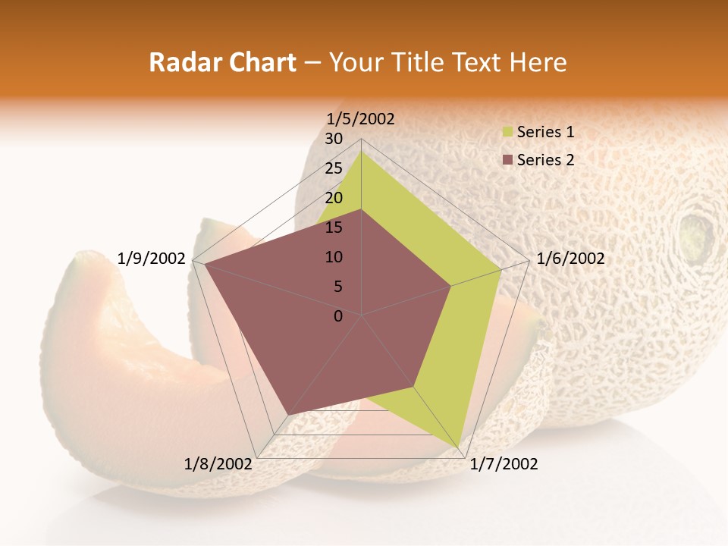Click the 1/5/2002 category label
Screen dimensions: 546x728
tap(360, 118)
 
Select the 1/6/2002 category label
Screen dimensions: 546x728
tap(570, 259)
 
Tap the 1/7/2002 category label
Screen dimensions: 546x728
tap(504, 464)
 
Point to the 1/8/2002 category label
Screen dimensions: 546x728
tap(218, 464)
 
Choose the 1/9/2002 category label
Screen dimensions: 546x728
tap(152, 259)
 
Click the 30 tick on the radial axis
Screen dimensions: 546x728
tap(334, 139)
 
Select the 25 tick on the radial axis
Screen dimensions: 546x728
tap(334, 168)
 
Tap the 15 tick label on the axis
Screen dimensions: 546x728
tap(334, 227)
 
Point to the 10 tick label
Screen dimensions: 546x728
tap(334, 257)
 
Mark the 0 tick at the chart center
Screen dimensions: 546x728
tap(338, 316)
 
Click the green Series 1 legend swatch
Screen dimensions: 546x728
tap(508, 132)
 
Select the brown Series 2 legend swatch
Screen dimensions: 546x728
tap(508, 160)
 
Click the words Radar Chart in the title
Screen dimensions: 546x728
tap(222, 62)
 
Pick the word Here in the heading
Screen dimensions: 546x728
tap(538, 62)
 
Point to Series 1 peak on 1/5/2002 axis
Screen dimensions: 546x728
tap(361, 151)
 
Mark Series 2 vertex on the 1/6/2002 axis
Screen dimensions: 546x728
tap(451, 286)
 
